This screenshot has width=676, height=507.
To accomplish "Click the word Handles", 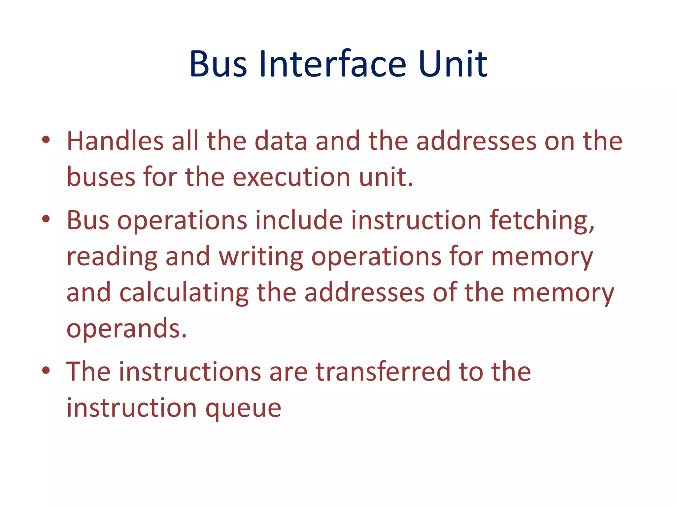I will (x=115, y=141).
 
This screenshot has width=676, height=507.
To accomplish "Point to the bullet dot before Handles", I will (x=46, y=140).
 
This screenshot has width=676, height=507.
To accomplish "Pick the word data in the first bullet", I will (x=281, y=141).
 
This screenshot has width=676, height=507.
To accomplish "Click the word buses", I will (x=101, y=177).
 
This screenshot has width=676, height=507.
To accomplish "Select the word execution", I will (x=291, y=177).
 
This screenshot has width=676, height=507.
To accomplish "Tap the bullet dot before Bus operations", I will (x=46, y=219).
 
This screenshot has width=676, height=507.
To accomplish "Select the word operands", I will (x=126, y=329).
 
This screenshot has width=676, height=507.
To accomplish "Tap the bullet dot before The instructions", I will (x=46, y=370).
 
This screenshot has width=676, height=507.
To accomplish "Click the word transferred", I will (x=383, y=372).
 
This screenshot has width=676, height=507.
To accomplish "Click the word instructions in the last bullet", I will (x=190, y=372).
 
